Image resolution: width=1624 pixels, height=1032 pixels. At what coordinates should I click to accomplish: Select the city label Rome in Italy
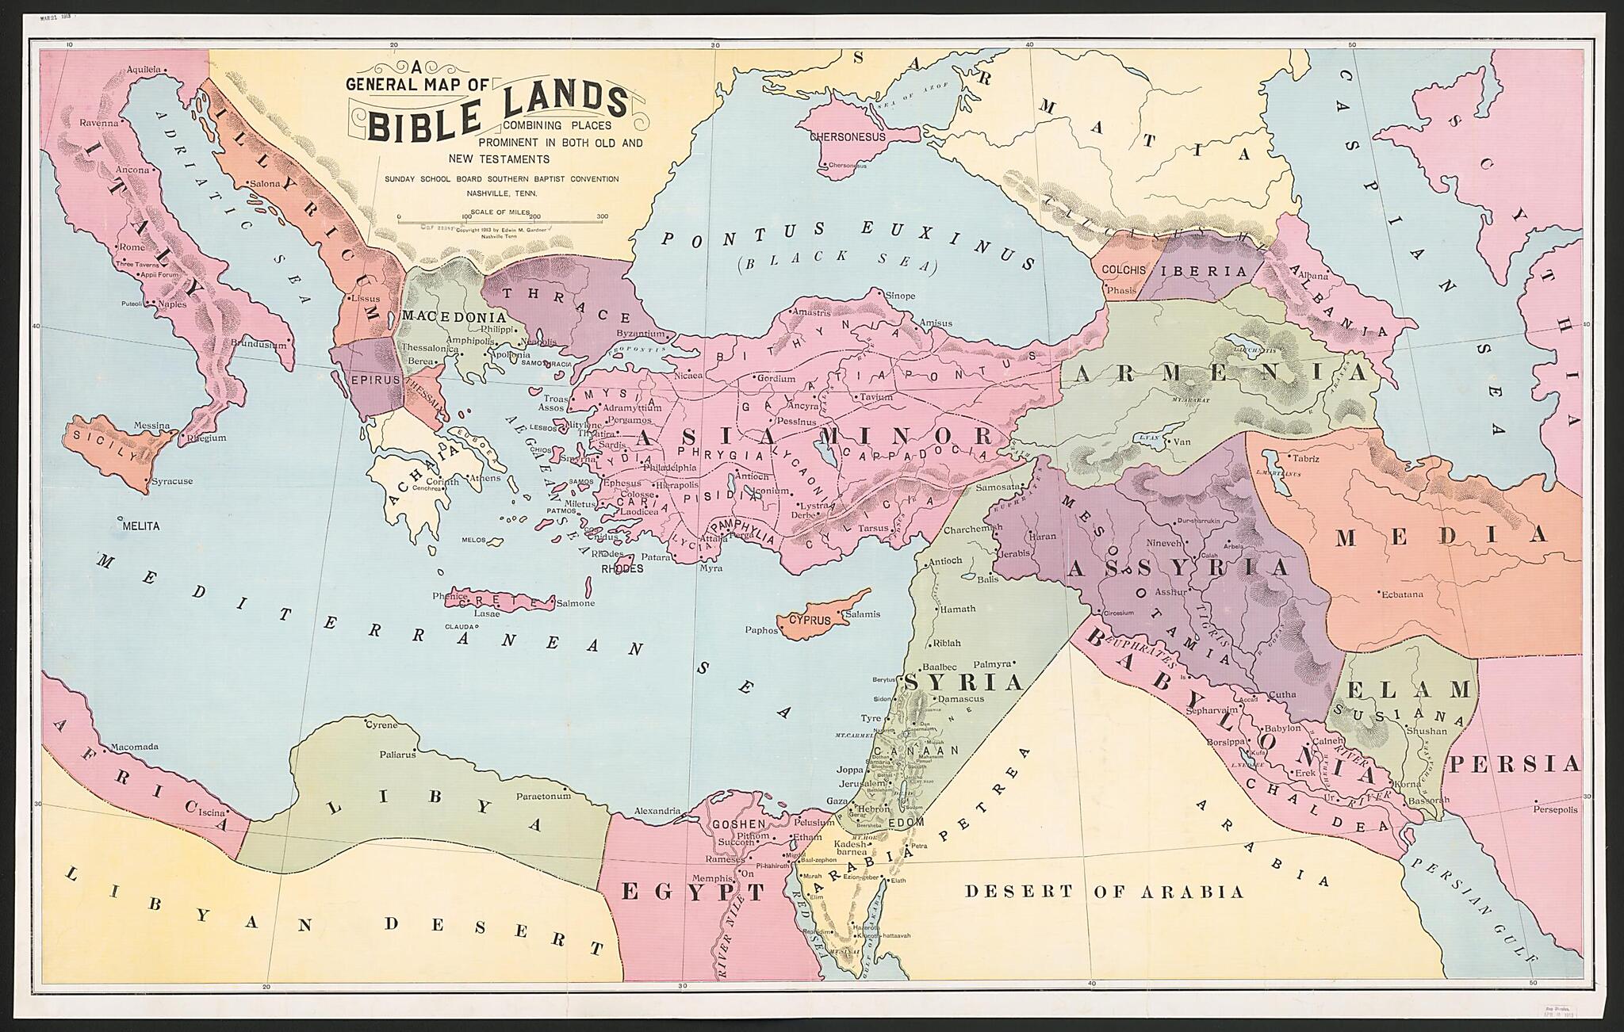132,247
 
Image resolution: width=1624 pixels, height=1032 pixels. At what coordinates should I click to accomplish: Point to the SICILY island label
101,449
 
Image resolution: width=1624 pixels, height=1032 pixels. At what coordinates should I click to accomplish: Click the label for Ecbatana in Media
1401,594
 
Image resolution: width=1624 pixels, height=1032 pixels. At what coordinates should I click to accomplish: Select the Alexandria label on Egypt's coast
657,811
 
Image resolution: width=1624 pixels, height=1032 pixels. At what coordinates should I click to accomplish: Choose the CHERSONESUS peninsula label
846,136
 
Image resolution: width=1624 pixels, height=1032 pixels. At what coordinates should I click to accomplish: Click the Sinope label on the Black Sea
900,296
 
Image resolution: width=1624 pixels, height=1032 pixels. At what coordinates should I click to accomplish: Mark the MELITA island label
141,526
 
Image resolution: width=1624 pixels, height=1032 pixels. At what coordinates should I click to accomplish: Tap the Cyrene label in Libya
381,724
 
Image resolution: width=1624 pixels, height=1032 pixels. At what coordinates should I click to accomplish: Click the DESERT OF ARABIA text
1104,892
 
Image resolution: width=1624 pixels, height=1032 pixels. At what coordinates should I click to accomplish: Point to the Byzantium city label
640,334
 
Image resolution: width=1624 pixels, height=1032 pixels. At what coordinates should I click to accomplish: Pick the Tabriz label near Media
1305,458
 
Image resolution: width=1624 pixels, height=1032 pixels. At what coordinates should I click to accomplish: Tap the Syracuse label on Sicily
172,481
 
